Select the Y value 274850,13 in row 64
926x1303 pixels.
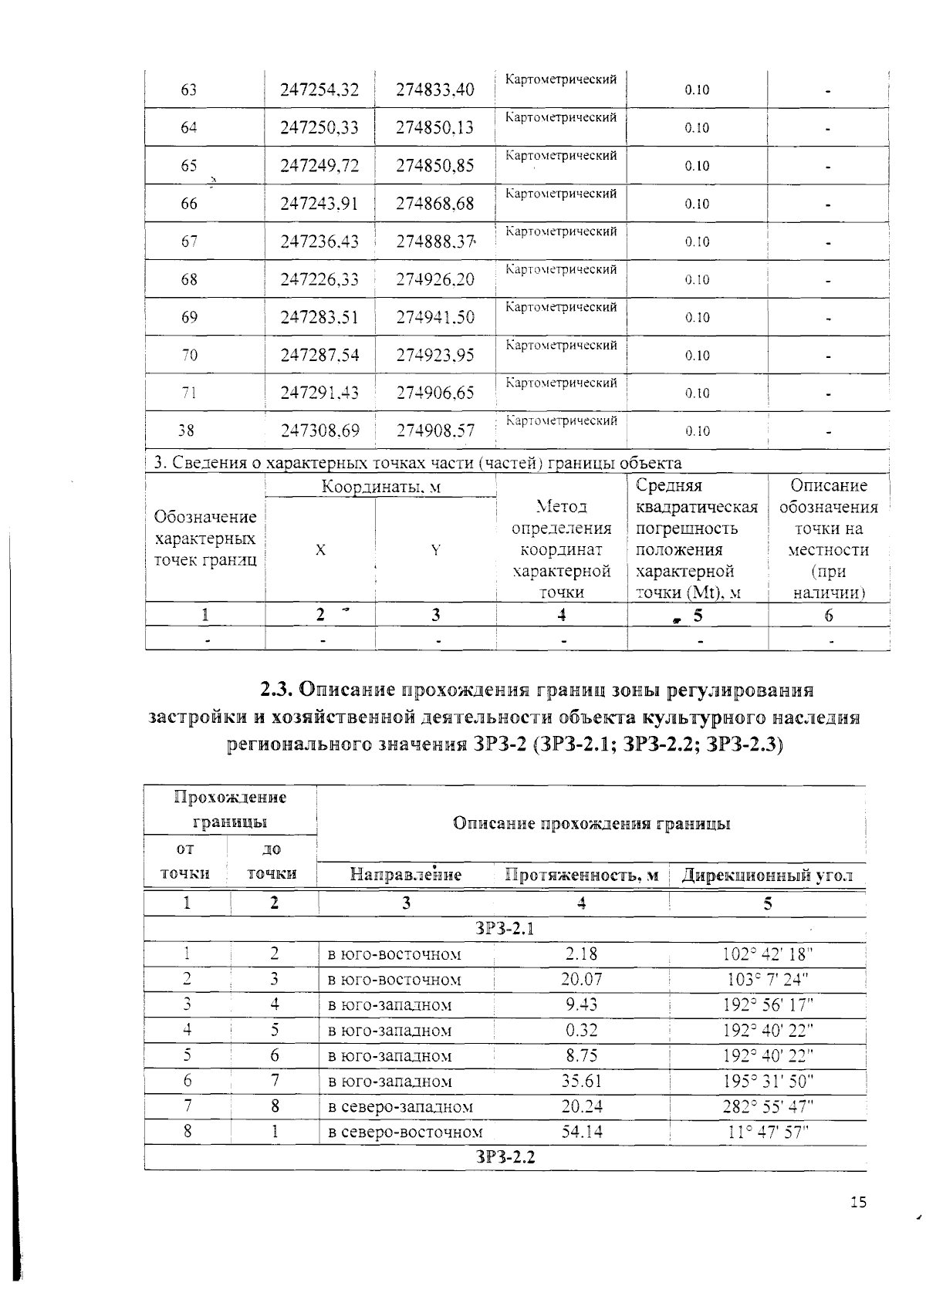(434, 128)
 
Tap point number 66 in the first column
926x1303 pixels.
(189, 204)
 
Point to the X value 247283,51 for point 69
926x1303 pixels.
(319, 317)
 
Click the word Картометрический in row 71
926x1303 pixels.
(561, 383)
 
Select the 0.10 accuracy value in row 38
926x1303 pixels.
(697, 431)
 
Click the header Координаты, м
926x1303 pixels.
(381, 487)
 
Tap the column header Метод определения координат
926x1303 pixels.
(562, 549)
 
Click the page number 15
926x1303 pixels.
(858, 1224)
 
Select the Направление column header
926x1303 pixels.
(406, 875)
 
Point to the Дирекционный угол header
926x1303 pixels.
(768, 875)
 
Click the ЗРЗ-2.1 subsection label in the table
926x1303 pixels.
(505, 929)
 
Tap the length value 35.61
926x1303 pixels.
(581, 1082)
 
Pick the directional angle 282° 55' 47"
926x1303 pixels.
(768, 1107)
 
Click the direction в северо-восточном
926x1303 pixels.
(405, 1133)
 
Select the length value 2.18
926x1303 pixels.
(581, 954)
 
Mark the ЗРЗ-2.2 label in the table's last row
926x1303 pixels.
(505, 1157)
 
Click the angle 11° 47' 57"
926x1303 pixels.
(768, 1133)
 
